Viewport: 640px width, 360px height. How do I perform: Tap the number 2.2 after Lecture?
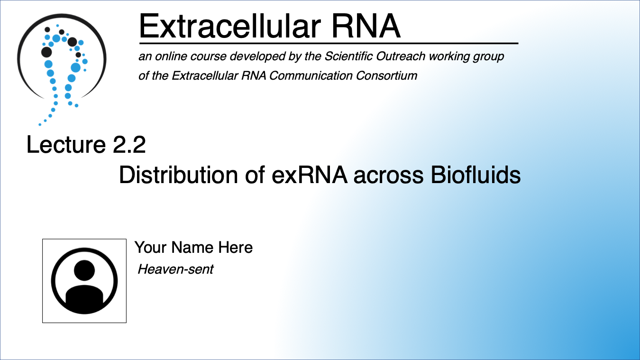click(129, 145)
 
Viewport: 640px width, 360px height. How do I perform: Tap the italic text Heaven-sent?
click(175, 270)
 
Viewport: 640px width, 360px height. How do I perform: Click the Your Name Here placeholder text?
click(193, 247)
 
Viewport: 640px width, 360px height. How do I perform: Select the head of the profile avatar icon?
click(84, 270)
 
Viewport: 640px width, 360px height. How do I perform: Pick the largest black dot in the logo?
click(46, 52)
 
